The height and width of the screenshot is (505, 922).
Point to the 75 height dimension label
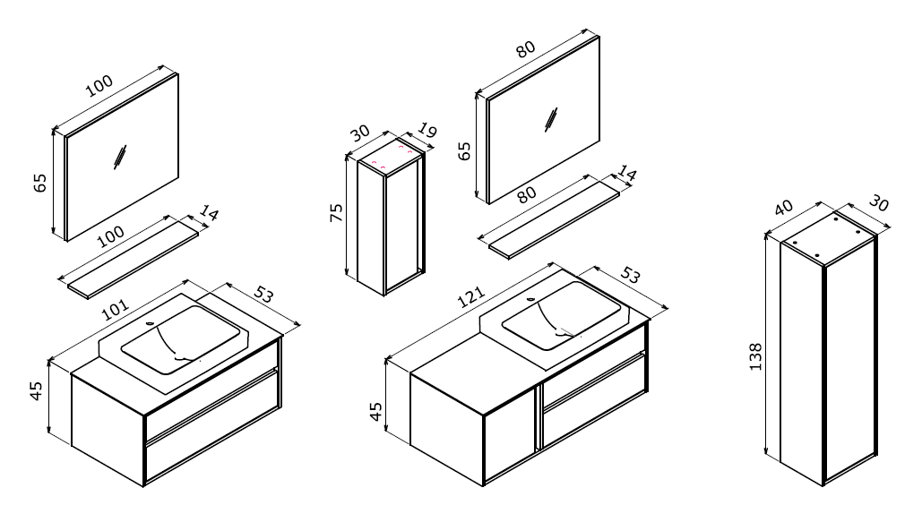336,212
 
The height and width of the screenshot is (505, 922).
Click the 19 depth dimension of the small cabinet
427,131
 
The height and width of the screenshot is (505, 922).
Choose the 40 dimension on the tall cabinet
783,208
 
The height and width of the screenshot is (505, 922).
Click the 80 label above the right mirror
526,49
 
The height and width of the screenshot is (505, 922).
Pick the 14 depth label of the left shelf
208,213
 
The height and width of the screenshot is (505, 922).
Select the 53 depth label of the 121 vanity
630,275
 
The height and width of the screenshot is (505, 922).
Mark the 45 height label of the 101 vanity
37,391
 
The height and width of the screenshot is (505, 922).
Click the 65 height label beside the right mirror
464,151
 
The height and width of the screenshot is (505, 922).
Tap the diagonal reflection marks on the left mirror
120,157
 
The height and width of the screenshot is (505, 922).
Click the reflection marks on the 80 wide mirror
552,121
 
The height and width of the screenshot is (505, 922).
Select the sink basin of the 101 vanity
180,339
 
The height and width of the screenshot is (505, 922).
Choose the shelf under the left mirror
133,260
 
